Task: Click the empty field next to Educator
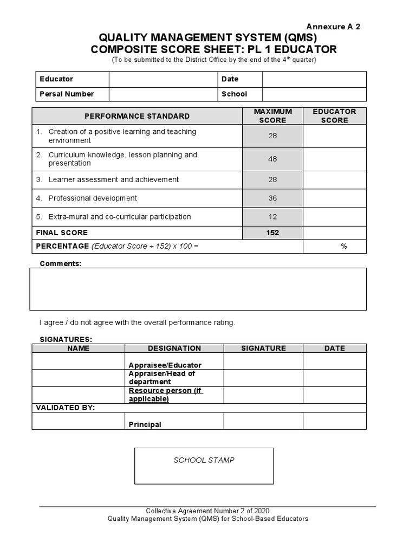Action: pyautogui.click(x=163, y=79)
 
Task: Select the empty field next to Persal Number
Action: pyautogui.click(x=163, y=94)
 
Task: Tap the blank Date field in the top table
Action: pyautogui.click(x=314, y=79)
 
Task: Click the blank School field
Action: pyautogui.click(x=314, y=94)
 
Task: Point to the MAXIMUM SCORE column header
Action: pyautogui.click(x=272, y=115)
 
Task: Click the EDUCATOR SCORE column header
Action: pyautogui.click(x=334, y=115)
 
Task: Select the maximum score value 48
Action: pyautogui.click(x=272, y=159)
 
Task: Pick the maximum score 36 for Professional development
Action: pyautogui.click(x=272, y=198)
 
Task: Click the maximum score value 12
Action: pyautogui.click(x=272, y=217)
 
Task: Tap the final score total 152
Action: pyautogui.click(x=272, y=233)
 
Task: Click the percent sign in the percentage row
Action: pyautogui.click(x=343, y=246)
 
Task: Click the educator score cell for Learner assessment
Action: pyautogui.click(x=334, y=179)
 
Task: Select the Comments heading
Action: pyautogui.click(x=61, y=263)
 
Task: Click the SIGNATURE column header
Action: pyautogui.click(x=263, y=349)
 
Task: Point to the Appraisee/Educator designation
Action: pyautogui.click(x=165, y=365)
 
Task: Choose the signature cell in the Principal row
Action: pyautogui.click(x=263, y=421)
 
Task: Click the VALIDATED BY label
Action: pyautogui.click(x=66, y=408)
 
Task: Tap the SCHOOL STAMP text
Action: pyautogui.click(x=204, y=460)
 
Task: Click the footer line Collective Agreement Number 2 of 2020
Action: pyautogui.click(x=207, y=511)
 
